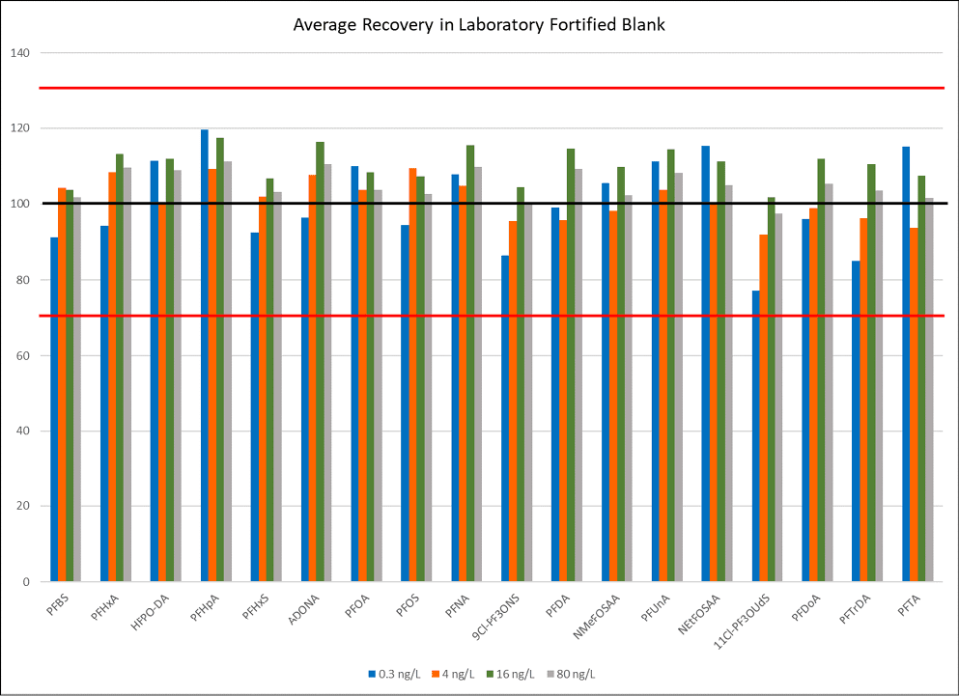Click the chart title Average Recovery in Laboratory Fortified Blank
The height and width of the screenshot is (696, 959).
[479, 24]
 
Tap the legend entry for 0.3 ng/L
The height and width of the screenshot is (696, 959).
[393, 673]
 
